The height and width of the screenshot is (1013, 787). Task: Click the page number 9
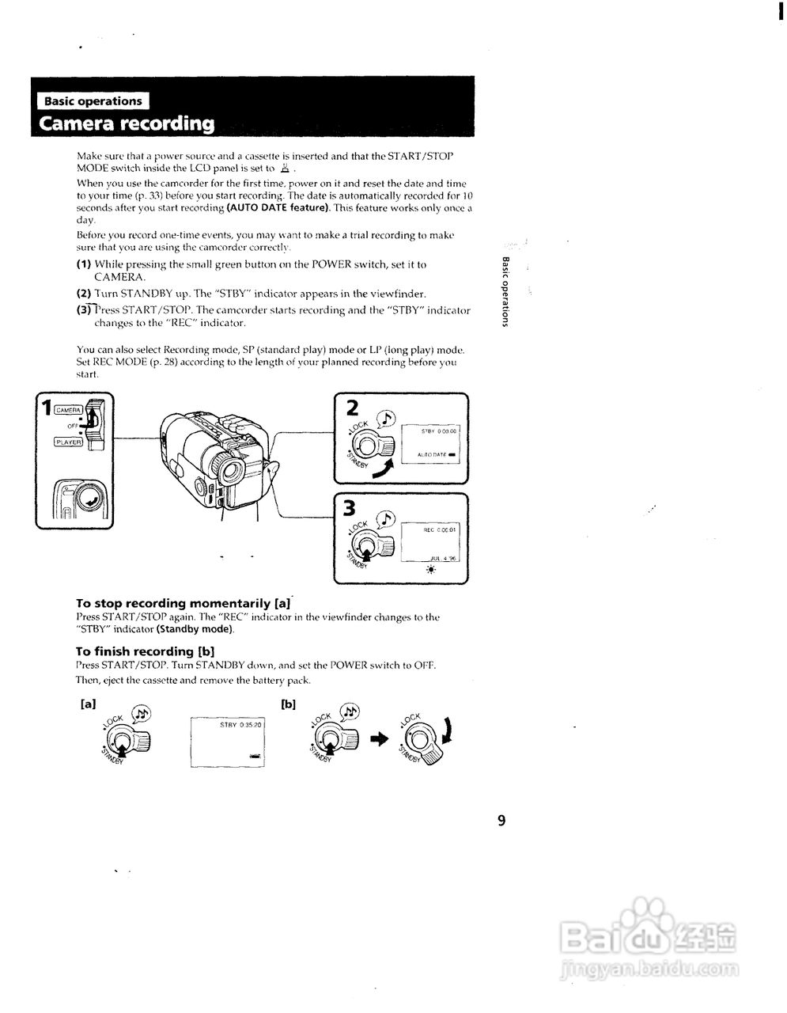tap(501, 820)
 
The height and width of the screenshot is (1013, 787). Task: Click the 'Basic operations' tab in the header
tap(93, 101)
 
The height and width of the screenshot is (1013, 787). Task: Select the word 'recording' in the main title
tap(168, 124)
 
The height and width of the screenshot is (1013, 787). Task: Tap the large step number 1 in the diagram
tap(47, 408)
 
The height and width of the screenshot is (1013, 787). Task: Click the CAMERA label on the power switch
tap(68, 409)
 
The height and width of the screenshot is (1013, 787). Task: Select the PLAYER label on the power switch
tap(68, 442)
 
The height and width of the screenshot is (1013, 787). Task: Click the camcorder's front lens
tap(232, 469)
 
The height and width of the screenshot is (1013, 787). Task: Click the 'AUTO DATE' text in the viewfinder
tap(433, 455)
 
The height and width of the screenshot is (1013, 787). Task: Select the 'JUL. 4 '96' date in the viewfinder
tap(444, 557)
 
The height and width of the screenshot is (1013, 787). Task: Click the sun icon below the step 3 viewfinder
tap(431, 570)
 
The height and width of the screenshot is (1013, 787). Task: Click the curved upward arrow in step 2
tap(383, 471)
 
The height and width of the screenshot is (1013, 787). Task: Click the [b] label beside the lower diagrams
tap(288, 704)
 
